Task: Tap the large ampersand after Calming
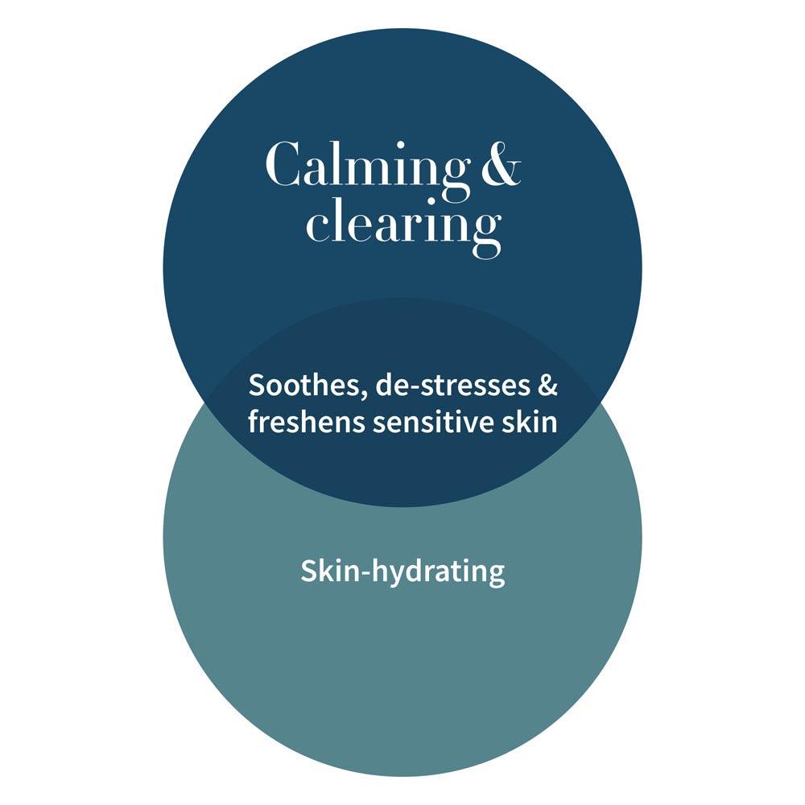[x=501, y=165]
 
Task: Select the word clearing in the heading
[x=403, y=227]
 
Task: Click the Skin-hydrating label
[x=402, y=572]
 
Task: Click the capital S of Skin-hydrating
[x=309, y=571]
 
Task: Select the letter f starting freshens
[x=255, y=422]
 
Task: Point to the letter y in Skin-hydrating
[x=399, y=576]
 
